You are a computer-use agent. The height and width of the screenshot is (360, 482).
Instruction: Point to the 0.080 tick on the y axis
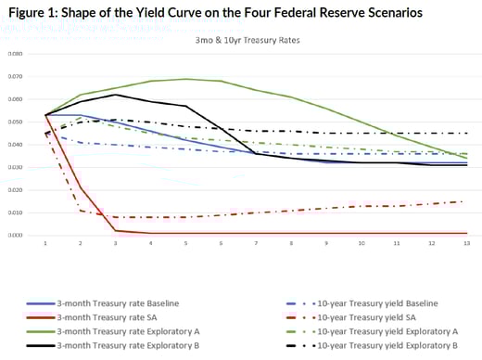tap(13, 54)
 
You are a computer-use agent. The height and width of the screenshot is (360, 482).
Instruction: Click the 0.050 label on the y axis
tap(13, 122)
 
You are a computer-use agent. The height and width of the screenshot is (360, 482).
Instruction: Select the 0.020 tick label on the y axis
tap(13, 189)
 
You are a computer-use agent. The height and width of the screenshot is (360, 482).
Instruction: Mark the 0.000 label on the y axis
tap(13, 235)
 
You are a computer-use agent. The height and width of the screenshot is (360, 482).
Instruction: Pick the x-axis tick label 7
tap(254, 243)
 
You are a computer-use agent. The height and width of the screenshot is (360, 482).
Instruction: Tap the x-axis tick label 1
tap(46, 243)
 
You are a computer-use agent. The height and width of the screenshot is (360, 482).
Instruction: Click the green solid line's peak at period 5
tap(185, 79)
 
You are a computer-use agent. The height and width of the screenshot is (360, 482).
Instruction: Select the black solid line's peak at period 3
tap(116, 95)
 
